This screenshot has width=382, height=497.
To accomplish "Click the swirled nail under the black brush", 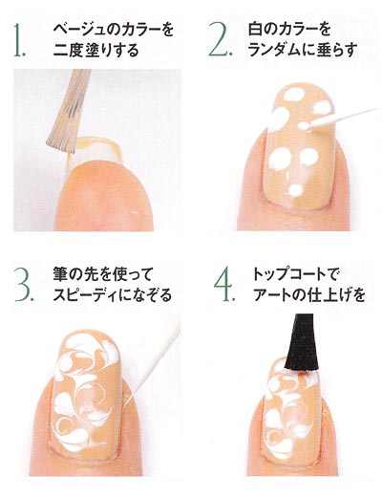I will click(x=286, y=401).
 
